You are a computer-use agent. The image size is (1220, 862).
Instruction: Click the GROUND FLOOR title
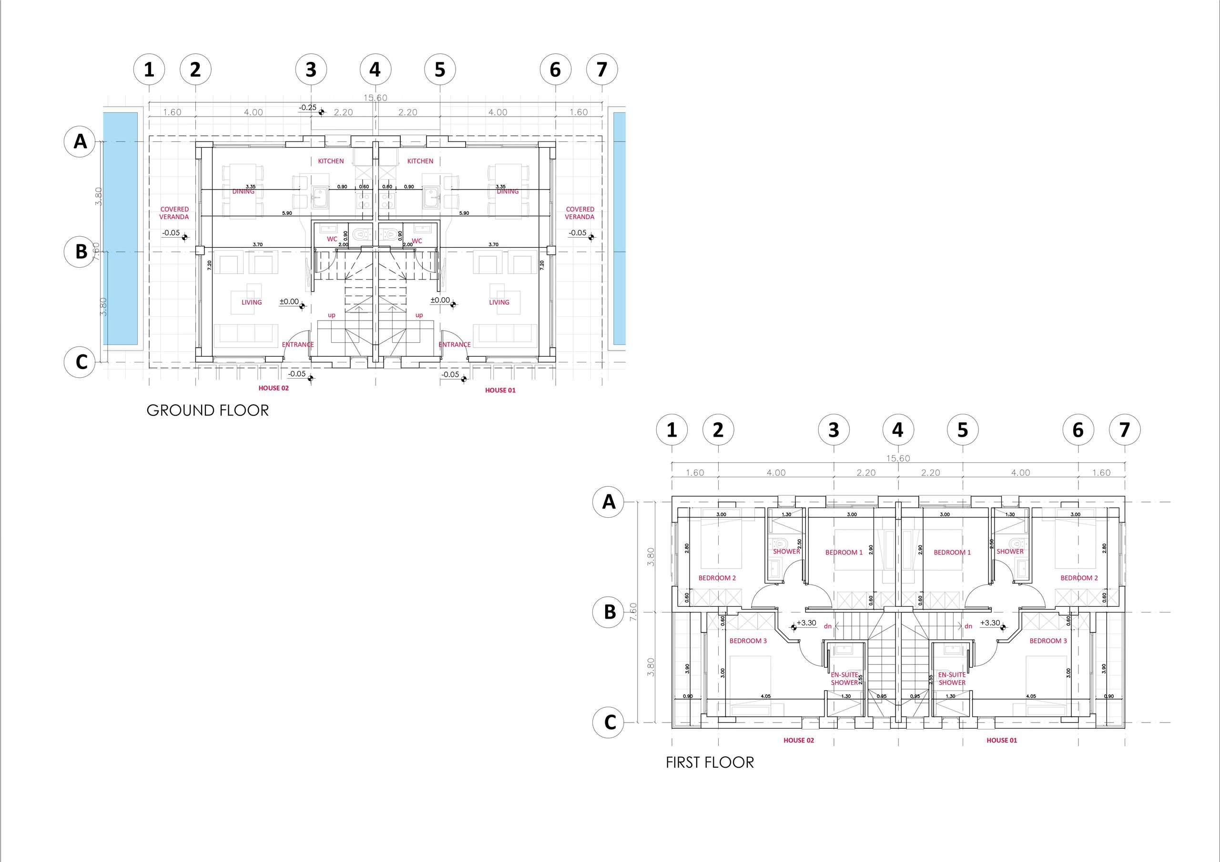208,410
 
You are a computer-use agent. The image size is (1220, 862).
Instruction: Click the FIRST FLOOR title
710,762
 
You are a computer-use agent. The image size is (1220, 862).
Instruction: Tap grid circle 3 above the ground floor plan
311,70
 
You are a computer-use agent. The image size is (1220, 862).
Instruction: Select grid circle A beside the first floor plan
609,502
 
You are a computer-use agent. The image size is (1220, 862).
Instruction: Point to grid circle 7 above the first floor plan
1124,430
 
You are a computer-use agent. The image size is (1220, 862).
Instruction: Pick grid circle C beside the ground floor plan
80,362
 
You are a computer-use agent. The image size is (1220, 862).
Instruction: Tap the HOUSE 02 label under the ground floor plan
274,388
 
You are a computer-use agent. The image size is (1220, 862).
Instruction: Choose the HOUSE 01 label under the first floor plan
1002,741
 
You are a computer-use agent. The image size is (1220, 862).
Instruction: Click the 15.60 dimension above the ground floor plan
375,98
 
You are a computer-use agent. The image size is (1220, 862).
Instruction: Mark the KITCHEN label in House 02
331,161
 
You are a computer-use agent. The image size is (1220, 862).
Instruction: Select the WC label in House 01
417,241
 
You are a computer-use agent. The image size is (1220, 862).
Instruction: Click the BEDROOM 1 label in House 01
952,552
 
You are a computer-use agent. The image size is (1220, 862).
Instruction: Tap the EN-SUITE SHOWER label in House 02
844,679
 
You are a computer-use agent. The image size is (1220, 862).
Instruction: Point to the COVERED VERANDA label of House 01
579,213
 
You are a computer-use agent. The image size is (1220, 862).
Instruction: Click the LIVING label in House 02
252,302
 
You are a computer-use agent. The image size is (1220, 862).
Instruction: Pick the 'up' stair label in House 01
419,315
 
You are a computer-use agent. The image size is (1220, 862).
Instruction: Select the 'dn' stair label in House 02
828,626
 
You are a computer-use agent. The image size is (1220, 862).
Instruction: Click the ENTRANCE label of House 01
454,345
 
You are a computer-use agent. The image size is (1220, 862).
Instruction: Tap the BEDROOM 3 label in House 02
748,641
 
